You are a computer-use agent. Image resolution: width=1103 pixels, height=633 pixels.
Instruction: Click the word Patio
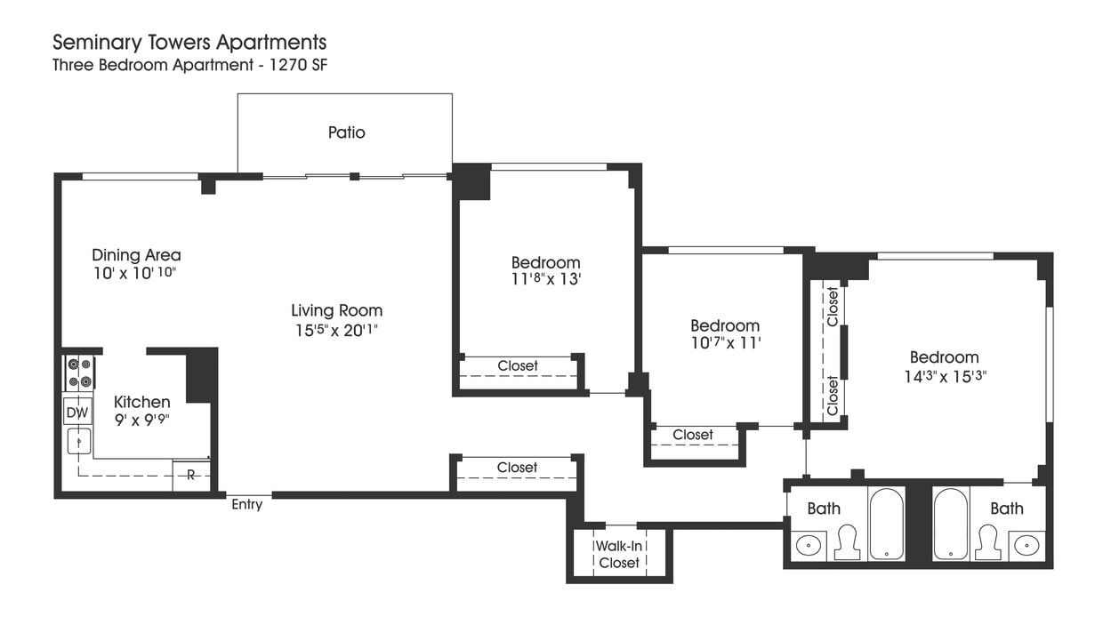coord(346,132)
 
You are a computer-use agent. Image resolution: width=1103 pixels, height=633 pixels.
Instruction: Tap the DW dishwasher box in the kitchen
coord(77,413)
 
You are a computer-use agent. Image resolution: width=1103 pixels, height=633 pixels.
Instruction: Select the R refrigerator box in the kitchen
coord(191,475)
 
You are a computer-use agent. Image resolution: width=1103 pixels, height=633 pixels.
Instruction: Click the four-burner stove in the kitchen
coord(79,373)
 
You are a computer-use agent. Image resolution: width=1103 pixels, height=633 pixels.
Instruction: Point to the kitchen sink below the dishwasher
coord(79,441)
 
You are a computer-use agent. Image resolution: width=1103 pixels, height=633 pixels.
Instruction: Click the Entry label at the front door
coord(247,505)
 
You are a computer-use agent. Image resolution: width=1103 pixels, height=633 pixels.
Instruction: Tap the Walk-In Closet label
coord(619,554)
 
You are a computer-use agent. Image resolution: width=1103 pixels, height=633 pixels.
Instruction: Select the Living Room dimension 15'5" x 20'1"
coord(336,330)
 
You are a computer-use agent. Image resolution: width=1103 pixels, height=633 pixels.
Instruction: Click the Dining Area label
coord(136,255)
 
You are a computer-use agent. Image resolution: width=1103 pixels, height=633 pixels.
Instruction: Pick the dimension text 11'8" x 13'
coord(545,279)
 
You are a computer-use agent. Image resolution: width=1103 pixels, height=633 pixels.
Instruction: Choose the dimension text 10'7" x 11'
coord(725,343)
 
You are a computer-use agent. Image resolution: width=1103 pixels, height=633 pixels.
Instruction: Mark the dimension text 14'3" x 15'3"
coord(944,375)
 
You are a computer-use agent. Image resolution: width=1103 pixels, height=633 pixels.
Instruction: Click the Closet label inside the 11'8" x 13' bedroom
coord(518,365)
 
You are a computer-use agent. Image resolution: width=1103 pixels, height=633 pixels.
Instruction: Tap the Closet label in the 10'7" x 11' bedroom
coord(693,435)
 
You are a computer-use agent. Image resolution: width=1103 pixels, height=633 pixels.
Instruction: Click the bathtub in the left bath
coord(886,524)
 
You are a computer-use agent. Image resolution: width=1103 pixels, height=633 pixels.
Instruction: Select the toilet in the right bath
coord(987,541)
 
